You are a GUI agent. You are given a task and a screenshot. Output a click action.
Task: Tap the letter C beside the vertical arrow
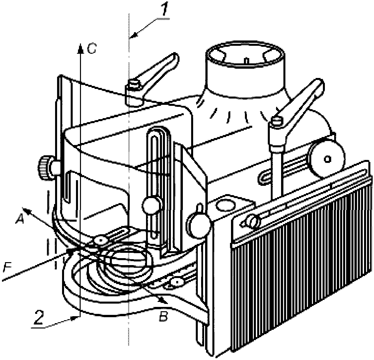(91, 49)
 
